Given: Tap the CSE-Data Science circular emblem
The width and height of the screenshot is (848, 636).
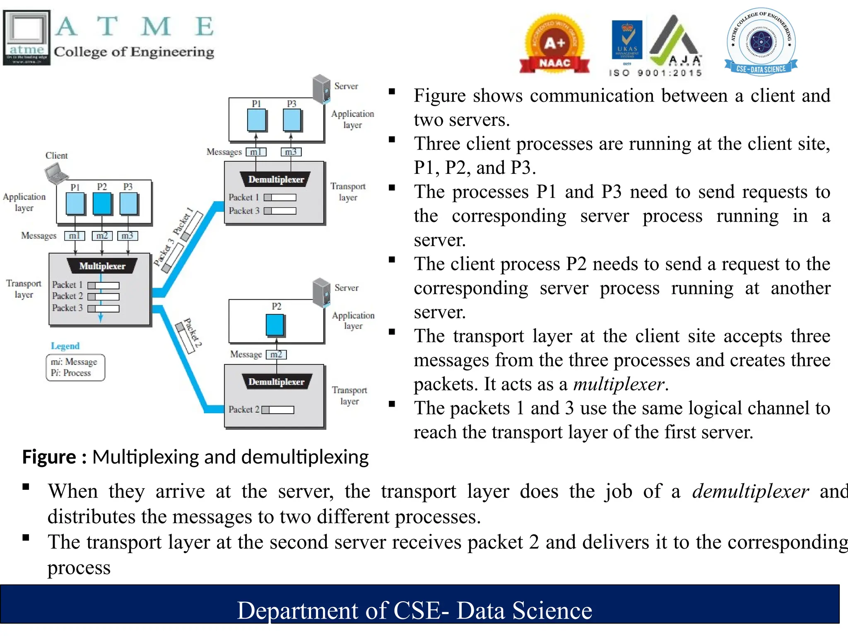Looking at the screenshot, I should (761, 42).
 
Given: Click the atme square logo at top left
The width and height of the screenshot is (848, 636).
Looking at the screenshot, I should (26, 38).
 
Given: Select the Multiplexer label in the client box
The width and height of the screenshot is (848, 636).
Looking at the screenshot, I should (102, 266).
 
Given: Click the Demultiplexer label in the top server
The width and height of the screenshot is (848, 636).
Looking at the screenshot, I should (276, 180).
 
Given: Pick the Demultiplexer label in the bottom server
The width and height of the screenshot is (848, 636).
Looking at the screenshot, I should (276, 382).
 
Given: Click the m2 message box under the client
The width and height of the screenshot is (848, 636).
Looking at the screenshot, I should (102, 236).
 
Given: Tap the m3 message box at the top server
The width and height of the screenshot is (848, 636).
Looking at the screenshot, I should (291, 152).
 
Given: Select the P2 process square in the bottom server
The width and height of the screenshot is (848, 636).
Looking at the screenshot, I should (275, 325).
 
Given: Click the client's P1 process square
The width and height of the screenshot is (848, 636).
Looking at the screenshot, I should (75, 204).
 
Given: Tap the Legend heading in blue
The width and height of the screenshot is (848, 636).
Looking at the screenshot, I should (65, 346).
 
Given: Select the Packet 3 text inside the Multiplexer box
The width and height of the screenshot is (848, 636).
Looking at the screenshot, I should (67, 308).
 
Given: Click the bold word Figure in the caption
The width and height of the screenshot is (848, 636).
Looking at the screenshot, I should (49, 457).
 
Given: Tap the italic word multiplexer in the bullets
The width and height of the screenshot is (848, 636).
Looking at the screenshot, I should (619, 384).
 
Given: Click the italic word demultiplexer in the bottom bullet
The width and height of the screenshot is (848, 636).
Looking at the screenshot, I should (750, 491).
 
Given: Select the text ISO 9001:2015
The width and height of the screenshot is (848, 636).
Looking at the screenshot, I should (655, 73).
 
